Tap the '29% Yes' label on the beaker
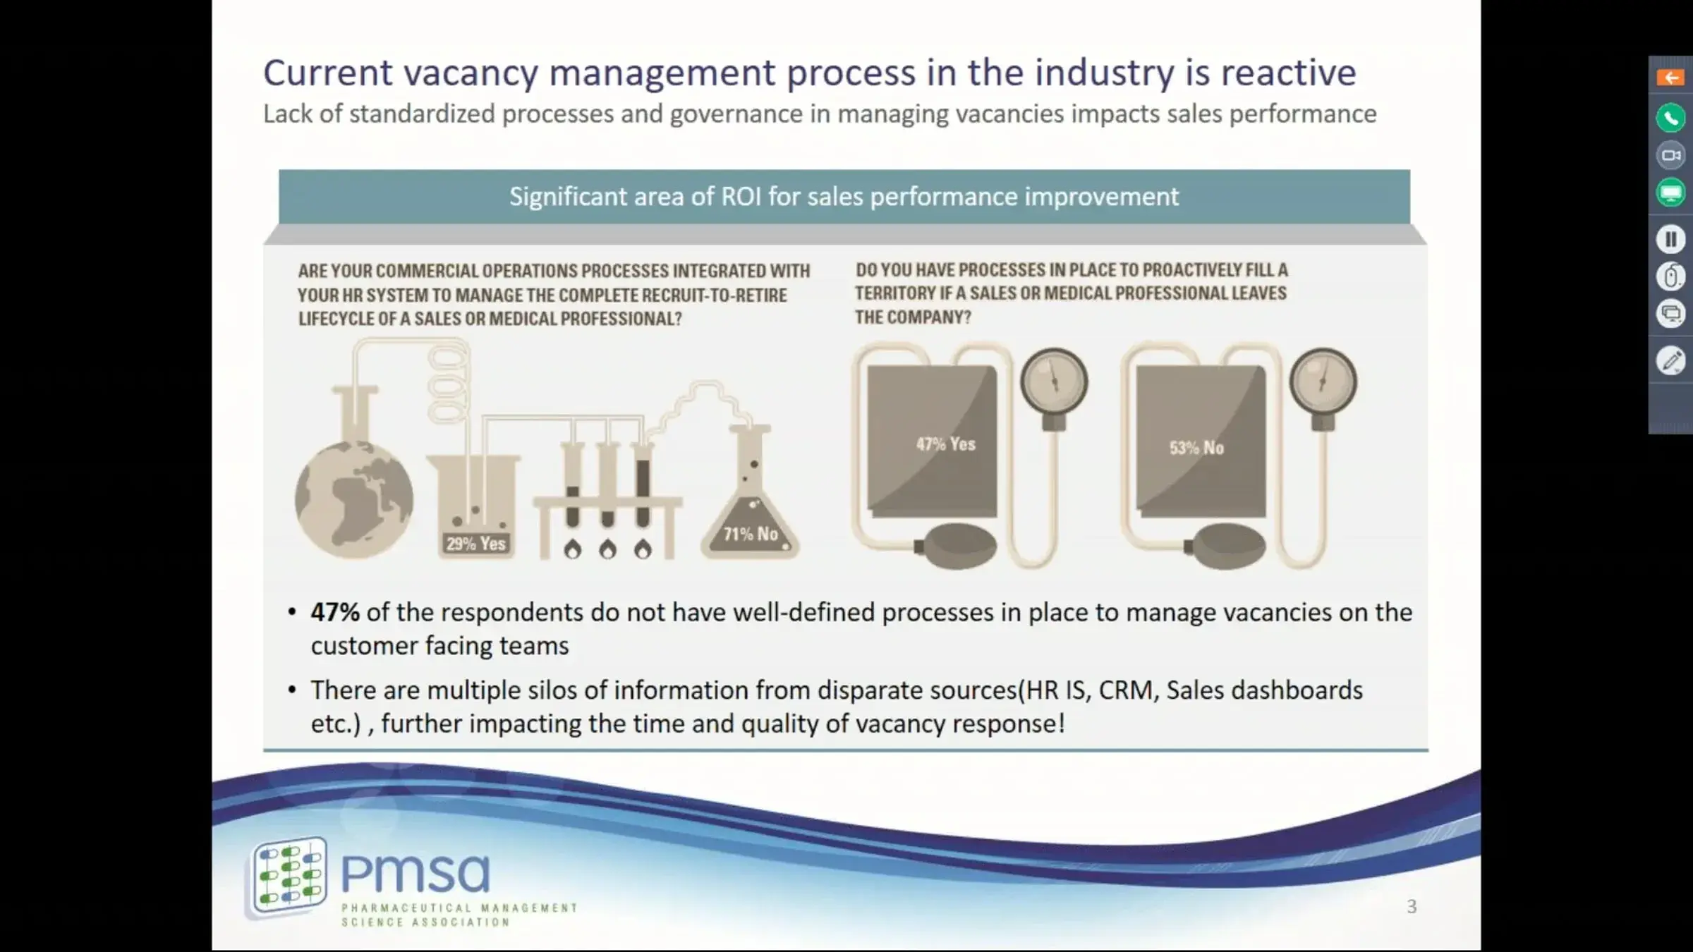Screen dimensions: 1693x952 (x=476, y=544)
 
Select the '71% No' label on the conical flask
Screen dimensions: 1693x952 (x=751, y=535)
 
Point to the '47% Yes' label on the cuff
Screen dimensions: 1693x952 (x=946, y=444)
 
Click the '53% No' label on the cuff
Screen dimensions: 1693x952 (x=1196, y=448)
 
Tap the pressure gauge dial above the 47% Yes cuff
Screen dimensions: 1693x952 (x=1054, y=382)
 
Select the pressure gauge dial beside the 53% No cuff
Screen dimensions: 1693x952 (x=1323, y=382)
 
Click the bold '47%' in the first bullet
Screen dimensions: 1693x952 (x=335, y=612)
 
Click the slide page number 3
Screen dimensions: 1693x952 (x=1412, y=906)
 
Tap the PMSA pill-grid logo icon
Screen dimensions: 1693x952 (x=290, y=874)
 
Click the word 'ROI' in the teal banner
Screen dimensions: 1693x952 (x=741, y=196)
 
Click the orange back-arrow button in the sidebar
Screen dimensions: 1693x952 (x=1670, y=78)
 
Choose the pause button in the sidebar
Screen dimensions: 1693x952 (x=1670, y=239)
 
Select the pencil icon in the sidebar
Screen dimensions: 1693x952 (x=1670, y=361)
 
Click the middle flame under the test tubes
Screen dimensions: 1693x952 (x=607, y=549)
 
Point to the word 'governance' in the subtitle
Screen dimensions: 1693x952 (x=736, y=114)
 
